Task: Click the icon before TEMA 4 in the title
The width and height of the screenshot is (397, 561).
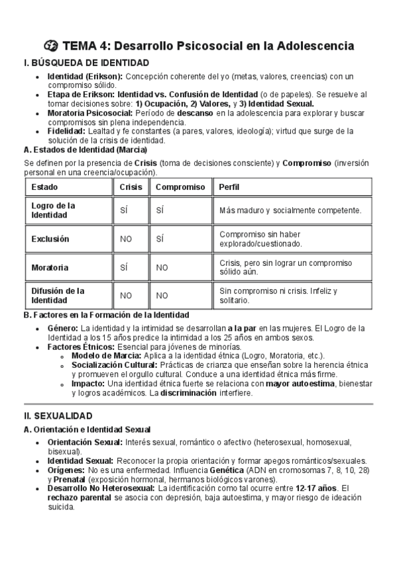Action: [x=51, y=46]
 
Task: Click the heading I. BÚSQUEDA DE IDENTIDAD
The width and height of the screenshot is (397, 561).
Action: [x=85, y=63]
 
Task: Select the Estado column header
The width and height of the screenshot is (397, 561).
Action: [x=44, y=187]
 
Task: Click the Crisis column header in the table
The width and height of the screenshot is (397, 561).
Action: [x=131, y=187]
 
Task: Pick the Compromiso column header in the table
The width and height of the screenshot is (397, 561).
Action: [x=180, y=187]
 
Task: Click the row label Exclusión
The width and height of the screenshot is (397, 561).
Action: [x=50, y=239]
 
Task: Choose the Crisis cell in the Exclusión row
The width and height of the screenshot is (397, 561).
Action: [x=126, y=239]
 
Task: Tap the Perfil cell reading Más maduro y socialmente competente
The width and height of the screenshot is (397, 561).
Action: [x=290, y=210]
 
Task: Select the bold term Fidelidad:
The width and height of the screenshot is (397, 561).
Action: [x=66, y=131]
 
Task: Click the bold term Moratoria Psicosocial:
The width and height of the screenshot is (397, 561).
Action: [x=90, y=113]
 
